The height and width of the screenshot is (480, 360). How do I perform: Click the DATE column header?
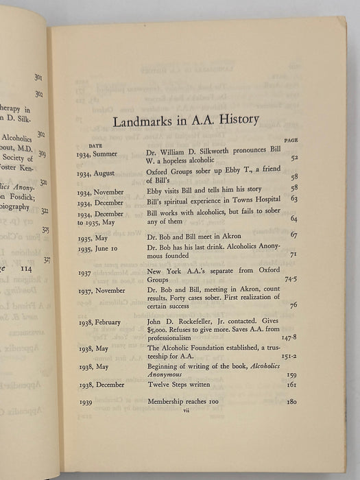pos(95,146)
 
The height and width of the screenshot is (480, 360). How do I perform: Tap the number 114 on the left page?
pos(33,268)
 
